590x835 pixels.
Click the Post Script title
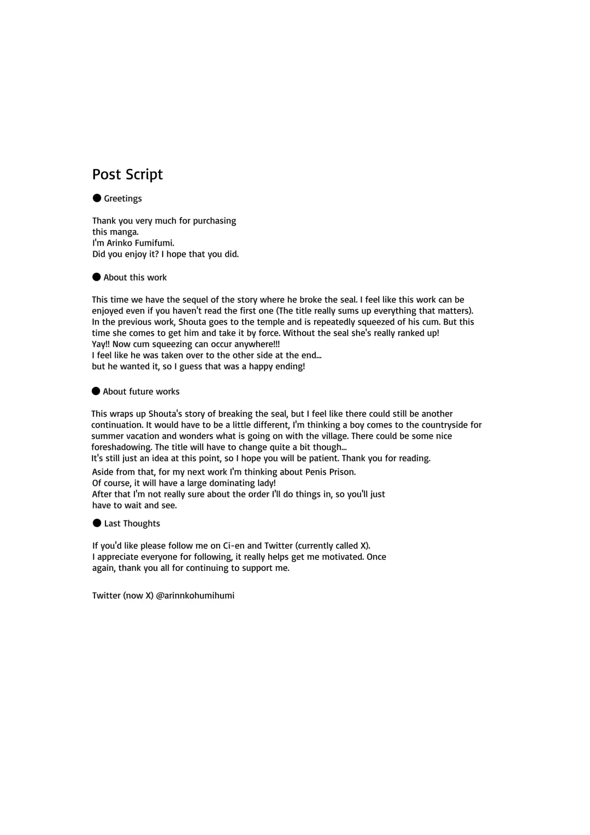pos(127,174)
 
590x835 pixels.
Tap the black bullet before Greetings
pos(97,198)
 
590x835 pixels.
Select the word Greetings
pos(123,198)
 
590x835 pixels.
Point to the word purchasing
pos(214,221)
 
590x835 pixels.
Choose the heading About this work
pos(135,277)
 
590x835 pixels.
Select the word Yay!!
pos(101,344)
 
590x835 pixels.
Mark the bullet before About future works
pos(96,391)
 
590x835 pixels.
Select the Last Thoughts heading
pos(132,523)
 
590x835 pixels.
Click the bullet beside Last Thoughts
pos(97,523)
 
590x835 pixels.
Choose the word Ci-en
pos(234,546)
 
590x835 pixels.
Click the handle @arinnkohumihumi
pos(195,595)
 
